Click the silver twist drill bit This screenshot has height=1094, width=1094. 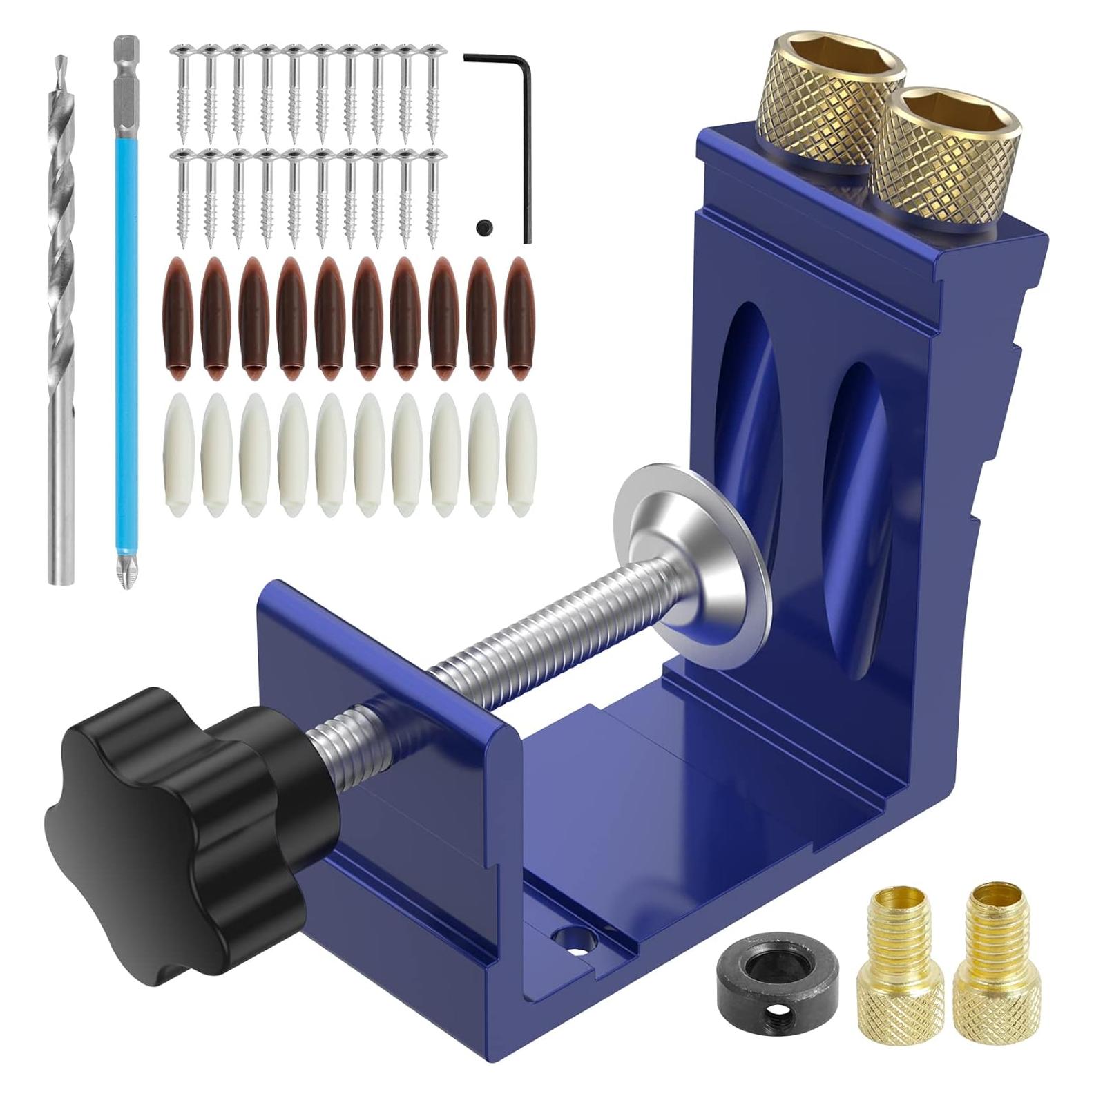pos(62,318)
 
